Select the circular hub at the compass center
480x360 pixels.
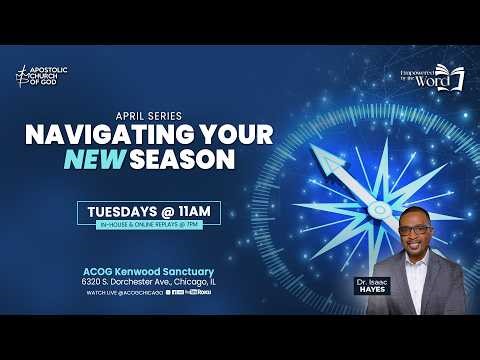pyautogui.click(x=377, y=208)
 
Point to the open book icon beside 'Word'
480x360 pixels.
pyautogui.click(x=456, y=80)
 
